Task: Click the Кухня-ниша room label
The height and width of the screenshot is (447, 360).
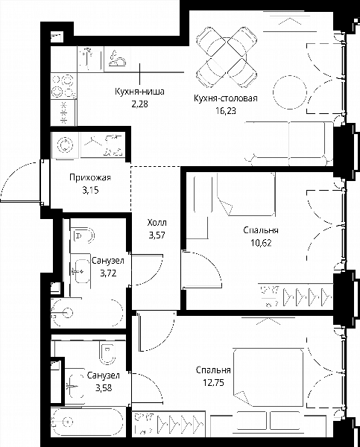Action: coord(139,92)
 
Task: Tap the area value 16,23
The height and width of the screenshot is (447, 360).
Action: coord(226,110)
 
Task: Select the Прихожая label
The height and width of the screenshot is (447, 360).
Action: coord(90,177)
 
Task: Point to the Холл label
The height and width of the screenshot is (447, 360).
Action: coord(157,222)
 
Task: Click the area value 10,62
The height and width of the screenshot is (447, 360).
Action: coord(261,243)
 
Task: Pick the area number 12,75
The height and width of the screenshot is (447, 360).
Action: coord(213,383)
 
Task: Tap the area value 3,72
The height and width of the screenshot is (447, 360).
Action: coord(108,273)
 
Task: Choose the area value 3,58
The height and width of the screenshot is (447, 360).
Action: coord(104,388)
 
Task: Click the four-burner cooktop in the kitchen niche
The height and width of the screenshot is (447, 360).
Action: coord(63,86)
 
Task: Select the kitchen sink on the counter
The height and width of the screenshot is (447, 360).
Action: coord(91,60)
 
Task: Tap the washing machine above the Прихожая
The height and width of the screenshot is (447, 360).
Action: coord(66,145)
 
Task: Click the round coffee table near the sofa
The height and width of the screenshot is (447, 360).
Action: coord(290,92)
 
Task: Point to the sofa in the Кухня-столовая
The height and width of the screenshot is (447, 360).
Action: coord(288,143)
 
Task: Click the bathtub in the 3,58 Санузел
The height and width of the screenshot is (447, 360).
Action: coord(87,421)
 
